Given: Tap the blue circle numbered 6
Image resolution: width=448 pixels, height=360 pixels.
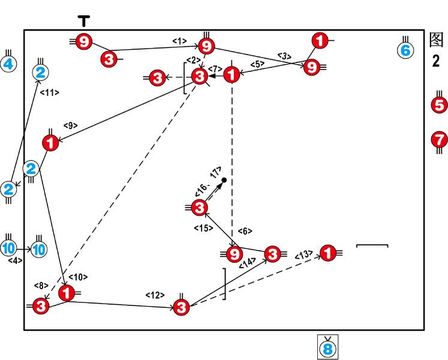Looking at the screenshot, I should click(405, 50).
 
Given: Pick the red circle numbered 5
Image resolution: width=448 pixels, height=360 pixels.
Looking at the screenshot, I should click(440, 105).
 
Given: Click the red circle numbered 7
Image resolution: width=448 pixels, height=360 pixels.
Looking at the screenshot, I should click(440, 140).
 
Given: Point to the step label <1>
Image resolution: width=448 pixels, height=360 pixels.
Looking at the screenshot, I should click(179, 41).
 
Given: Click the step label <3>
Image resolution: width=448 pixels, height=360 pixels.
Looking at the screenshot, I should click(284, 56).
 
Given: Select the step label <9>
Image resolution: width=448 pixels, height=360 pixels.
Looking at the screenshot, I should click(70, 125).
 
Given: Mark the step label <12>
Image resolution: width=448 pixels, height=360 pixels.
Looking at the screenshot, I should click(155, 295).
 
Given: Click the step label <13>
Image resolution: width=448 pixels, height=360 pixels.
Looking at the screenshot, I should click(303, 255).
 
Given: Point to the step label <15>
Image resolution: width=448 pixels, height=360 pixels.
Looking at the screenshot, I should click(202, 228).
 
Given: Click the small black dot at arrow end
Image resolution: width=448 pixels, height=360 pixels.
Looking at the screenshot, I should click(224, 180).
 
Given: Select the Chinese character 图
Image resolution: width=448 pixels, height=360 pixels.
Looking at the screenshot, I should click(437, 40).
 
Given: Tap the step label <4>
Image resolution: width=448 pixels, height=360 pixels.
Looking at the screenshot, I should click(14, 260).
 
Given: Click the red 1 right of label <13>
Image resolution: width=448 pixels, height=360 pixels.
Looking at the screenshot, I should click(327, 254).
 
